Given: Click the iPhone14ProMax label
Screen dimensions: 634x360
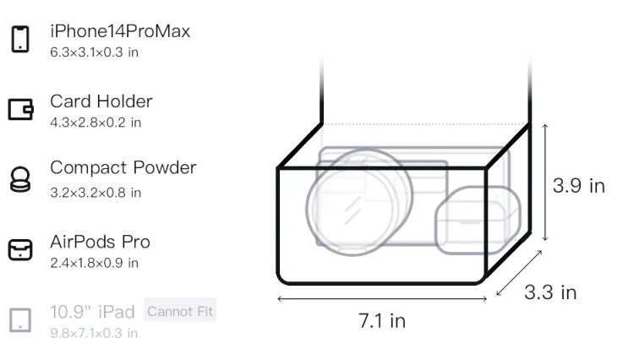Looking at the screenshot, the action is point(120,31).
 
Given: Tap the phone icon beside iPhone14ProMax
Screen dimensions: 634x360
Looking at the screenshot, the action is point(20,39).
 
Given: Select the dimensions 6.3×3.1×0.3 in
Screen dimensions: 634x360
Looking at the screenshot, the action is point(94,52).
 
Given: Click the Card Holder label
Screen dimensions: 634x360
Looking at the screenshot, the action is point(101,101).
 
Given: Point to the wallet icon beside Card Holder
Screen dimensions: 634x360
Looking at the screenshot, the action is point(20,109).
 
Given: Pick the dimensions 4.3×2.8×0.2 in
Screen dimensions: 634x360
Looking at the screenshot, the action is point(96,123).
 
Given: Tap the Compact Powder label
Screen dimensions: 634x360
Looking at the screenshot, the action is point(123,167).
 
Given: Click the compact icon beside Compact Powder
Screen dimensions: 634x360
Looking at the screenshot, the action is point(20,179).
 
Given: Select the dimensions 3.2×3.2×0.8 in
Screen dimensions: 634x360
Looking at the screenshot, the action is point(96,193).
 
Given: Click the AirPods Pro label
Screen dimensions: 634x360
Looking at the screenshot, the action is point(100,242).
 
